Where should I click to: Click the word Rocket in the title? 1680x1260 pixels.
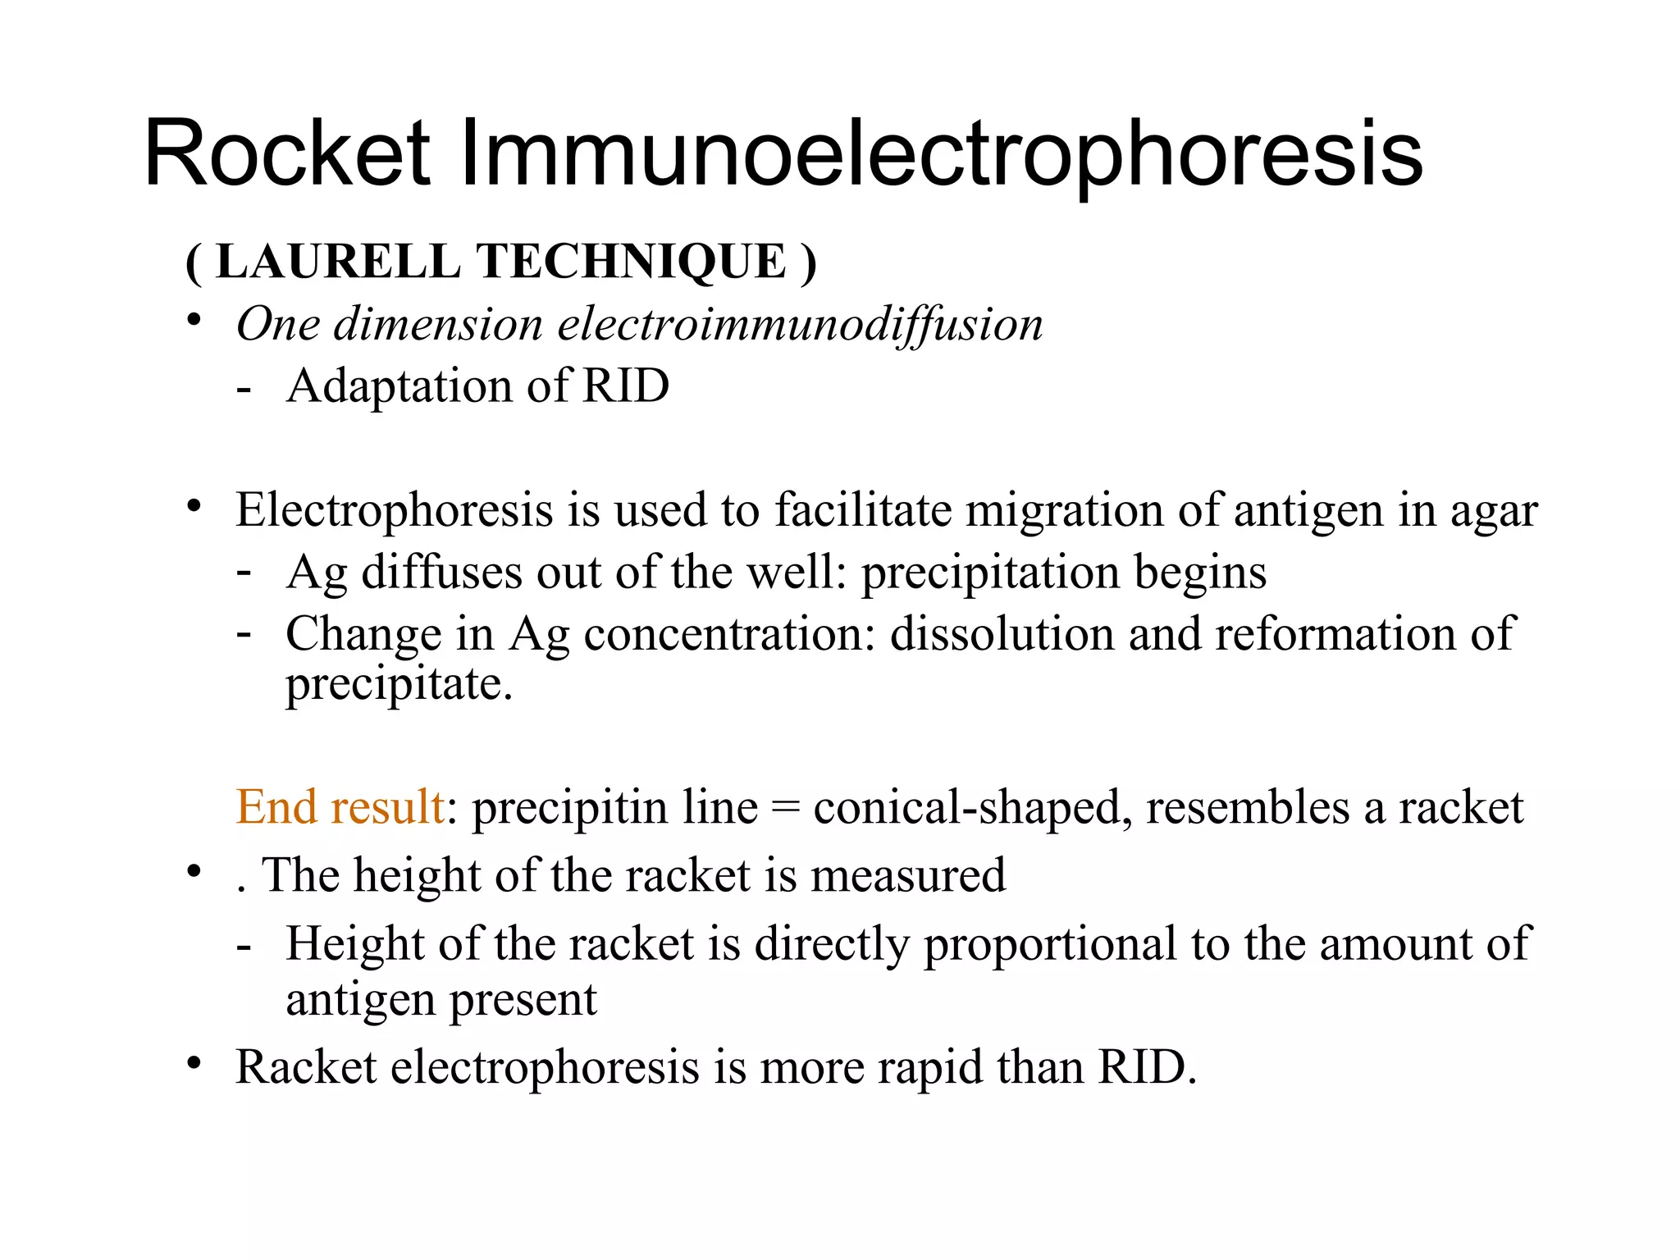[286, 154]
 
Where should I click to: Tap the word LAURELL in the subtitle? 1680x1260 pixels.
[338, 262]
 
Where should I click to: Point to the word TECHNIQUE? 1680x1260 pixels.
[632, 262]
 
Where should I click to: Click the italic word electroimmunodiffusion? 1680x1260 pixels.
[800, 324]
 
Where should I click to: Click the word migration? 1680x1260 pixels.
[1064, 511]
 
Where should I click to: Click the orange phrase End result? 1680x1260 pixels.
[340, 807]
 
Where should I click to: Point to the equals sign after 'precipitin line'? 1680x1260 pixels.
[785, 809]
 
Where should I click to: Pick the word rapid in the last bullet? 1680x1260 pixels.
[929, 1068]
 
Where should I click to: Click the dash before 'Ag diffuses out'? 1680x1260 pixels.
[244, 571]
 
